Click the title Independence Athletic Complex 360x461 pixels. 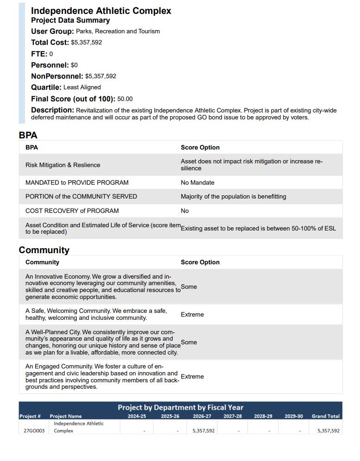(101, 11)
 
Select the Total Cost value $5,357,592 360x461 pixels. (86, 43)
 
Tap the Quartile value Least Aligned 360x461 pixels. (82, 87)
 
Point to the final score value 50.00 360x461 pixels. (125, 99)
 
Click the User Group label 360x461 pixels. (52, 31)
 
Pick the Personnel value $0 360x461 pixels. (74, 65)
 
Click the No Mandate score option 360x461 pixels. (197, 183)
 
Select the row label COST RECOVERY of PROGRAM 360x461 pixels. (72, 211)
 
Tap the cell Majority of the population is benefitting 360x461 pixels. (233, 197)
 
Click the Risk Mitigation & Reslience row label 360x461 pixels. (63, 165)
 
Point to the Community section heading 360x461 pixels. (44, 250)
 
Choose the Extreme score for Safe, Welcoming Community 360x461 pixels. (192, 315)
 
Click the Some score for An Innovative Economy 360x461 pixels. (189, 287)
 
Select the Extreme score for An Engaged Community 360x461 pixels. (192, 377)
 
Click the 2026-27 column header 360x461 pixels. (202, 416)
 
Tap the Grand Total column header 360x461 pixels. (325, 416)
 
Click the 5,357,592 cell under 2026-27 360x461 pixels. (203, 431)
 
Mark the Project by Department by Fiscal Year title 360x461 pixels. (180, 407)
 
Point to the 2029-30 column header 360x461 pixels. (293, 416)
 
